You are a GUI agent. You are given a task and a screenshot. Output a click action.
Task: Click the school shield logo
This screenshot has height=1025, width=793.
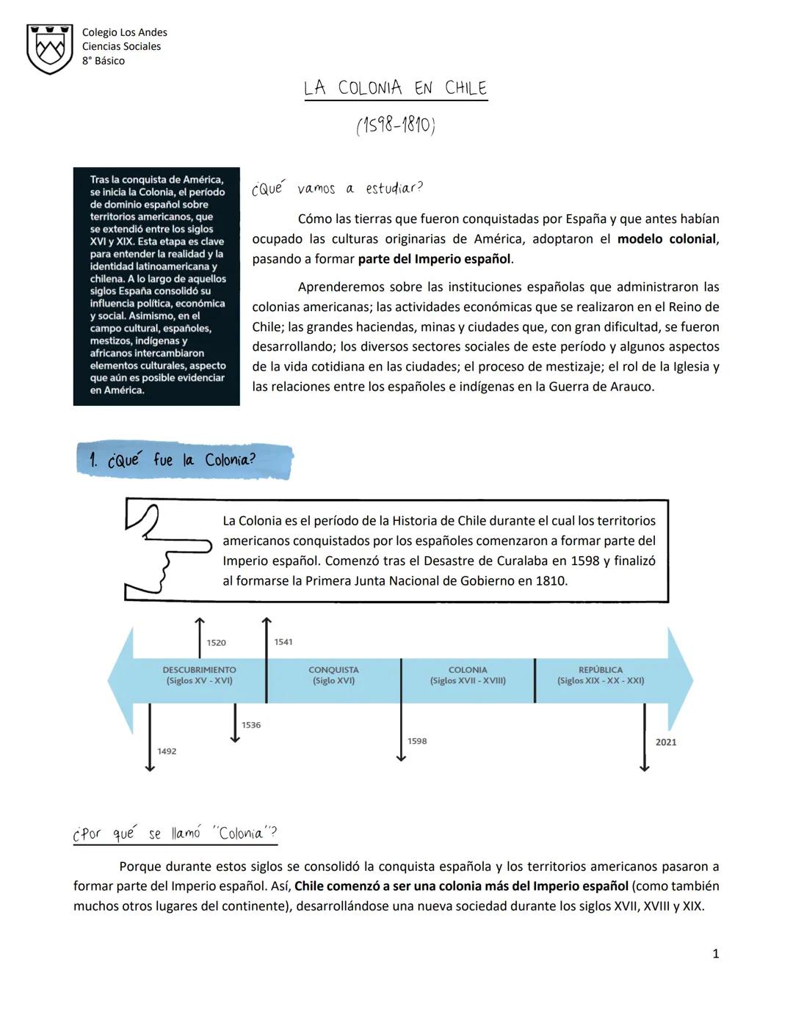49,48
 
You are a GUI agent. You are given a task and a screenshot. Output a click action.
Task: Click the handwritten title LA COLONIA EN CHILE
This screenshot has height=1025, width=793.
396,88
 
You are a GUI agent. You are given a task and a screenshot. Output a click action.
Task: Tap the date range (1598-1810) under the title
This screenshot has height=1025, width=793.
396,125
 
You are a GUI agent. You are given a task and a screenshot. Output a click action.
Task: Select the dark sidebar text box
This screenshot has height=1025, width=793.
156,285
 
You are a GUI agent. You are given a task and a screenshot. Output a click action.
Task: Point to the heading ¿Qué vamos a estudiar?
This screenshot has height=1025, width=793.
337,189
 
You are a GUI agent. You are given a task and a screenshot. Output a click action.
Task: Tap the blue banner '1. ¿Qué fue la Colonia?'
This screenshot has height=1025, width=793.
184,460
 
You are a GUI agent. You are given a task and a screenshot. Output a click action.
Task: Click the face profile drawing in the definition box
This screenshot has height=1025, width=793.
150,550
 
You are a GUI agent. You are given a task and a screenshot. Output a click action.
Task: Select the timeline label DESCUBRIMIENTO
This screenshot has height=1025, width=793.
199,670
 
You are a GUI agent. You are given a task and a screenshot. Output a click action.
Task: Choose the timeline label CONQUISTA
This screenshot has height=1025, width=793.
333,670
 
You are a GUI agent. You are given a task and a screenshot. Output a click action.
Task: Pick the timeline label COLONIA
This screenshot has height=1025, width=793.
468,670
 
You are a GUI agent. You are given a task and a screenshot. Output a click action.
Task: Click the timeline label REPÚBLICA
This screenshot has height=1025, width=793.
601,670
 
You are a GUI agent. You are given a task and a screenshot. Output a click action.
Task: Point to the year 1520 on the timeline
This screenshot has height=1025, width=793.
216,643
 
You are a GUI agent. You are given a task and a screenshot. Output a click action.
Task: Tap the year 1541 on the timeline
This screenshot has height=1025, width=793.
283,642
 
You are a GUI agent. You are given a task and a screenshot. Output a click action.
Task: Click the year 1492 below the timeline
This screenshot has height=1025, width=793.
167,751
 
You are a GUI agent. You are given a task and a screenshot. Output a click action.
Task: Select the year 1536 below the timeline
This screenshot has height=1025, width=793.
251,725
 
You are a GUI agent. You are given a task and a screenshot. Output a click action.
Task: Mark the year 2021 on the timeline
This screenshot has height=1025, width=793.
666,743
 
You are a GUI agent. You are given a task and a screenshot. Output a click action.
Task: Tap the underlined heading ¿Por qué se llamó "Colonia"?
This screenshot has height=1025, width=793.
175,834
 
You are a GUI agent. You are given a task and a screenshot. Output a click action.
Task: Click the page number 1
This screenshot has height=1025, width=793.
716,954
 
